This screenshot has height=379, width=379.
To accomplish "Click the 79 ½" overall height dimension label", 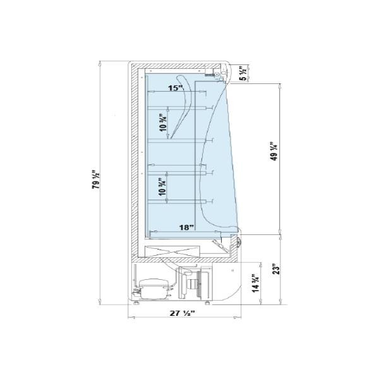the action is (x=96, y=180).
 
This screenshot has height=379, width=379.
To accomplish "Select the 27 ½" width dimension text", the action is (x=183, y=313).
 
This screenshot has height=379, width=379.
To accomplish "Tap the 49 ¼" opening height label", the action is (x=274, y=151).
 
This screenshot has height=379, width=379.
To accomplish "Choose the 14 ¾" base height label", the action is (x=255, y=283).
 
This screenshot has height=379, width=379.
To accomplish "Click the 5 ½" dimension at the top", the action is (x=244, y=73).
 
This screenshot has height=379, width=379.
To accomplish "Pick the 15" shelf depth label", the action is (x=176, y=88).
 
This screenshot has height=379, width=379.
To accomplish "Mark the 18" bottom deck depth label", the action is (x=186, y=227).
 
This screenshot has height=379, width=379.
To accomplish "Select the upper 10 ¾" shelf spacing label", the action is (x=164, y=123).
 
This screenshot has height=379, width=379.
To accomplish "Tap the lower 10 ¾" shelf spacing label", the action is (x=162, y=187).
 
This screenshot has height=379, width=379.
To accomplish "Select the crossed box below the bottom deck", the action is (x=172, y=252).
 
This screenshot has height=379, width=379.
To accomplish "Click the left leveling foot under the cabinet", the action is (x=137, y=303).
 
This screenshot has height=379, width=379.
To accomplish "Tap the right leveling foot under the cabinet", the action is (x=207, y=303).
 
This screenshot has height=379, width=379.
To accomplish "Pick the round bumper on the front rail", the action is (x=239, y=242).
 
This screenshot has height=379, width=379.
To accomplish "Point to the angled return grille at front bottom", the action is (x=220, y=246).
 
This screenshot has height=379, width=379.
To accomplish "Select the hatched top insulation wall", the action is (x=176, y=66).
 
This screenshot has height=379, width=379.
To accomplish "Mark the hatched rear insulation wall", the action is (x=135, y=162).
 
